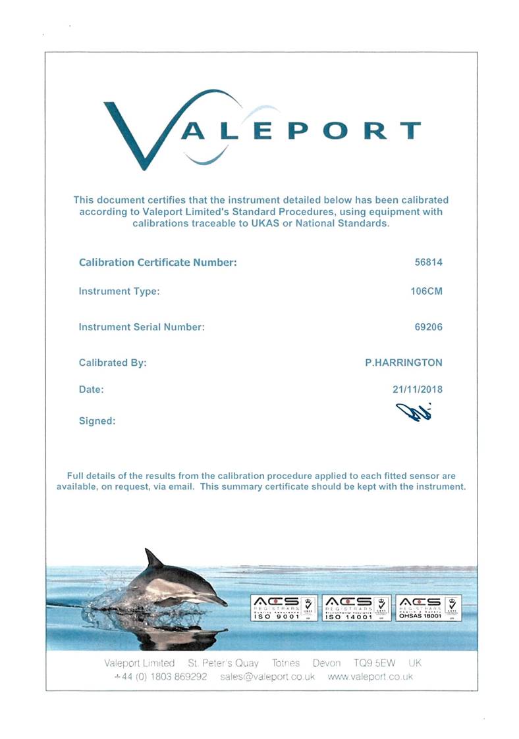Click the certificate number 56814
(x=427, y=263)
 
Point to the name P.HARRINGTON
(x=404, y=363)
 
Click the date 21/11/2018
(x=417, y=390)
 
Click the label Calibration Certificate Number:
(x=157, y=263)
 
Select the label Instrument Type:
(x=119, y=292)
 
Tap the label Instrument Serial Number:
(x=142, y=326)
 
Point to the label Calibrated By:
(x=113, y=363)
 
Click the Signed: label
(x=97, y=421)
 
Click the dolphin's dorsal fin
(x=154, y=559)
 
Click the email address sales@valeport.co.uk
(x=267, y=676)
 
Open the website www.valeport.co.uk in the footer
(x=369, y=676)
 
